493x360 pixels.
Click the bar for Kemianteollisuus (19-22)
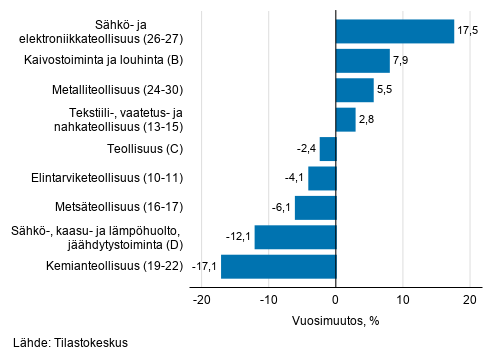click(278, 267)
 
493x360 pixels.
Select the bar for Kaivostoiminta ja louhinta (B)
click(362, 61)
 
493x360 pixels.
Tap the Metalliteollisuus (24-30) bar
click(354, 91)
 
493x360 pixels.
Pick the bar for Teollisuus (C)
click(328, 149)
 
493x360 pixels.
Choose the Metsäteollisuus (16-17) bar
click(315, 208)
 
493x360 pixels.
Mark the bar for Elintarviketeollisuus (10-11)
click(322, 178)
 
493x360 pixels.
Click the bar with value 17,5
click(395, 32)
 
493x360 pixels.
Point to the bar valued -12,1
click(295, 237)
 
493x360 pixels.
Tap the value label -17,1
click(204, 267)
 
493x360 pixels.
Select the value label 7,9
click(401, 61)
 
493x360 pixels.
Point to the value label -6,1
click(280, 208)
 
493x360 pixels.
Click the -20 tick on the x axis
click(201, 299)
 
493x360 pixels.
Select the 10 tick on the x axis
click(403, 299)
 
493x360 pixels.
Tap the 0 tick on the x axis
click(336, 299)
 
